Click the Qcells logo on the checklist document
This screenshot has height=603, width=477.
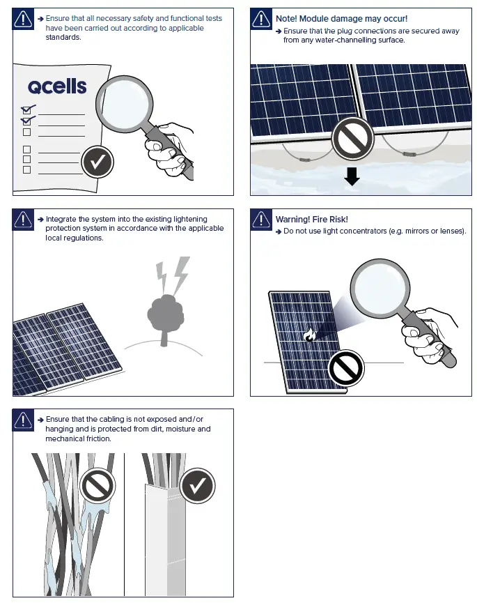coord(57,86)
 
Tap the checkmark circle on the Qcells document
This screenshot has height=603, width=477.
coord(98,162)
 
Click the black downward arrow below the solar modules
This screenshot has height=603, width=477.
coord(352,176)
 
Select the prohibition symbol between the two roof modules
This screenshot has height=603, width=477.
coord(352,139)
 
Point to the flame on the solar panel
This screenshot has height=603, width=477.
coord(311,336)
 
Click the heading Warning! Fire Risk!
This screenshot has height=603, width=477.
coord(311,220)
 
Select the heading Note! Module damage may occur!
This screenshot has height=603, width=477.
coord(341,19)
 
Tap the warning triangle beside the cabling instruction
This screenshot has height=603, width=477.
coord(24,420)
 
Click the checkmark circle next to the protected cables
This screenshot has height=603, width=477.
coord(197,485)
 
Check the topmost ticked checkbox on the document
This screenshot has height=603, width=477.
coord(27,109)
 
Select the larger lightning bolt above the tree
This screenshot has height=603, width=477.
coord(180,274)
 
